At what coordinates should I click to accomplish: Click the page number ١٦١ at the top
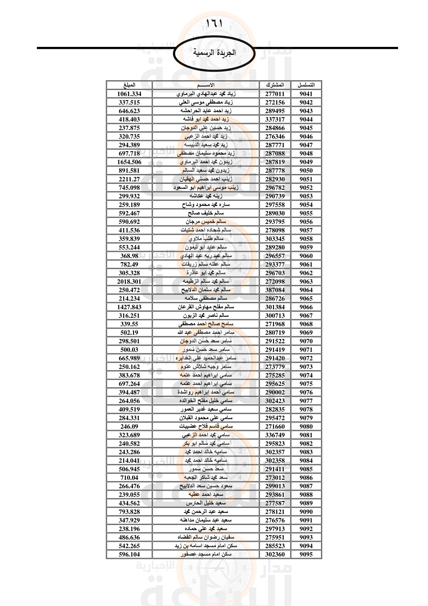214,24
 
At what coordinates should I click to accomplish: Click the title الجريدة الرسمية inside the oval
214,53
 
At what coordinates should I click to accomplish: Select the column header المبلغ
129,85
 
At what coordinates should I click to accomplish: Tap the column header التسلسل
306,85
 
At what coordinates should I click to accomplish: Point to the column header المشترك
275,85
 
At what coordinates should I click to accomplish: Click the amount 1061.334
129,94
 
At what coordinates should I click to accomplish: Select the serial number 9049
306,162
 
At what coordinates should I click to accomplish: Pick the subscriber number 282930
275,179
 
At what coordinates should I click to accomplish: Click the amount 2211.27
129,179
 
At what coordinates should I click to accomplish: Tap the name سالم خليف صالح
205,213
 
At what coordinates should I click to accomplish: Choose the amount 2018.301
129,281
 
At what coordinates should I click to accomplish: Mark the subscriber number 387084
275,290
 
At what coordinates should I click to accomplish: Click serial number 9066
306,307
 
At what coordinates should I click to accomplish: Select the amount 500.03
129,350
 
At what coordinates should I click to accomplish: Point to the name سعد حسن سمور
205,469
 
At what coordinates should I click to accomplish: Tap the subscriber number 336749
275,435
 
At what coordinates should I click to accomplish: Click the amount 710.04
129,478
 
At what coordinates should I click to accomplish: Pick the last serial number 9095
306,554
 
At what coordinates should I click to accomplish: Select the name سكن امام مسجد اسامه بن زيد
205,546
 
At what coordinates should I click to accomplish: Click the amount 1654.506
129,162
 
